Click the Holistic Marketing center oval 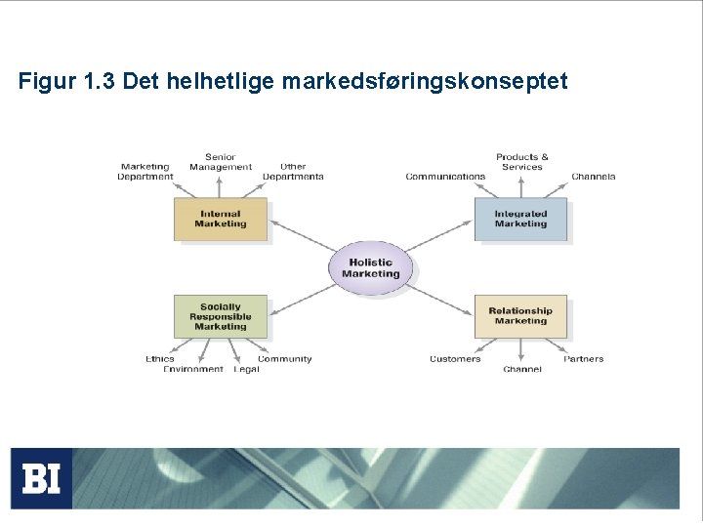pos(371,267)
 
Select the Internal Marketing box pos(221,220)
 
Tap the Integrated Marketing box pos(520,220)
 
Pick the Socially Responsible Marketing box pos(221,316)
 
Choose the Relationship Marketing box pos(520,316)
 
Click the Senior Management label pos(221,162)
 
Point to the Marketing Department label pos(145,172)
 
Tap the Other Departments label pos(293,172)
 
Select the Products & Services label pos(522,162)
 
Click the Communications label pos(445,177)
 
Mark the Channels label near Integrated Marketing pos(594,177)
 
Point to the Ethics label pos(160,359)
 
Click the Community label pos(285,359)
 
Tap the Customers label pos(455,359)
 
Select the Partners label pos(584,359)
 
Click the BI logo pos(42,478)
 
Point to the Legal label pos(246,369)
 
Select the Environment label pos(193,369)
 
